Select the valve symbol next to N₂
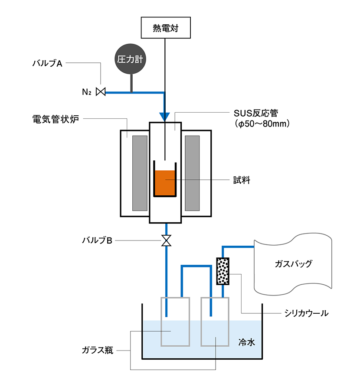click(x=101, y=92)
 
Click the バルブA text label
click(x=48, y=63)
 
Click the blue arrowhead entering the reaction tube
click(x=165, y=116)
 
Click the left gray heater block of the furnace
click(x=140, y=173)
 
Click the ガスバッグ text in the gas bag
click(x=294, y=263)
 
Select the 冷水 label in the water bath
click(x=246, y=342)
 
